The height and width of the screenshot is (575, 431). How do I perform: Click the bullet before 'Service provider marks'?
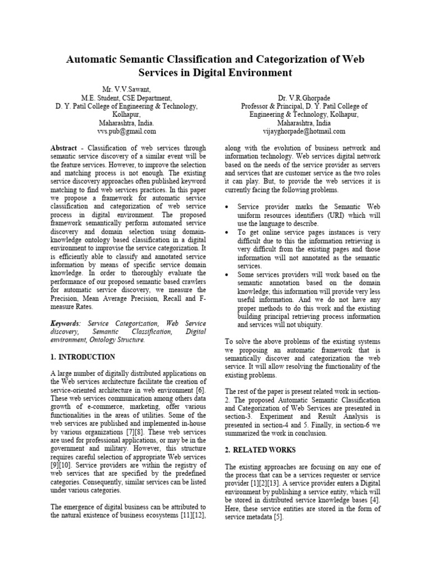(x=226, y=207)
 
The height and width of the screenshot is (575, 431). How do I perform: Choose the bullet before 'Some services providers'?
(x=226, y=275)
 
